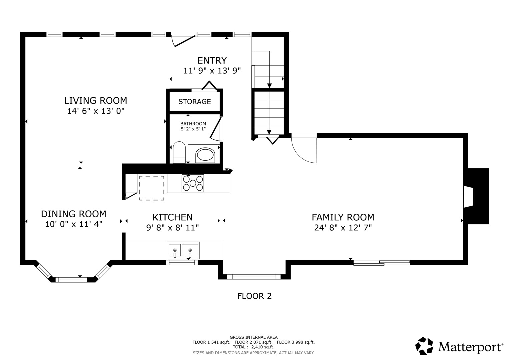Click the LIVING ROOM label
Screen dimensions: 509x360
coord(96,100)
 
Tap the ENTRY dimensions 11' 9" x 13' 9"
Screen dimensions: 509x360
coord(212,71)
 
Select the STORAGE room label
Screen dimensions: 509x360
coord(195,102)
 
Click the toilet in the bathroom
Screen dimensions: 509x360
coord(179,152)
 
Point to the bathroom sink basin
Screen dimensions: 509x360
coord(205,155)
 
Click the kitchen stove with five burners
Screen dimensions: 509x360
coord(193,183)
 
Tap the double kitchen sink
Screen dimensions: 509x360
coord(183,250)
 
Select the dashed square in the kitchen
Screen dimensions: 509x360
coord(152,188)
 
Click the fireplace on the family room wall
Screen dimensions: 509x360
coord(476,196)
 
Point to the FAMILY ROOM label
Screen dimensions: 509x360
coord(343,217)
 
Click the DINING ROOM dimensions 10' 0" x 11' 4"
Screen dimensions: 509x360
coord(74,224)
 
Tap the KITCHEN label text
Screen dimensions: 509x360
coord(172,217)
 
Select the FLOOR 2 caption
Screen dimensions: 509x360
coord(254,296)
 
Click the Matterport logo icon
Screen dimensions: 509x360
coord(424,346)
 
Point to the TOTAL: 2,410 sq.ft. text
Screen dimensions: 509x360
coord(253,347)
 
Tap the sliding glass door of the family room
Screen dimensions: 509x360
coord(382,263)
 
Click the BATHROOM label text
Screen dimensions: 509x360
coord(193,124)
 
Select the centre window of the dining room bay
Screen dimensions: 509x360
coord(71,280)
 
